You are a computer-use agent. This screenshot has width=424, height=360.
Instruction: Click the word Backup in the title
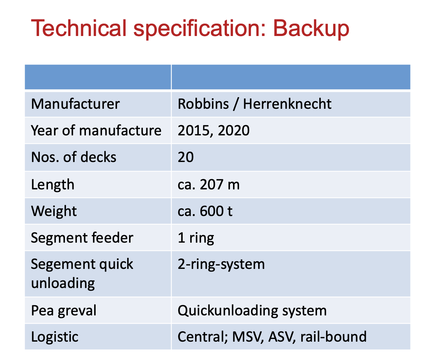[x=311, y=28]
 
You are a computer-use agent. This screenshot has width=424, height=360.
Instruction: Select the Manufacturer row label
[x=75, y=104]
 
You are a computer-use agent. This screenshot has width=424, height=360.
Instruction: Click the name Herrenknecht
[x=287, y=104]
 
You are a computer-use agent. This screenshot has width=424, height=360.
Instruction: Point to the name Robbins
[x=203, y=104]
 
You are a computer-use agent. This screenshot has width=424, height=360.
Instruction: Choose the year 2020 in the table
[x=234, y=131]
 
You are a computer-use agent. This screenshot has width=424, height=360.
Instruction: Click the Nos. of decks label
[x=74, y=157]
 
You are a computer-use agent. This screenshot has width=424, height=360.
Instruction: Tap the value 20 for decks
[x=185, y=157]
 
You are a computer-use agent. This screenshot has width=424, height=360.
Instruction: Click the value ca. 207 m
[x=209, y=184]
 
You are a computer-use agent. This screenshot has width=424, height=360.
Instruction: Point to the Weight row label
[x=54, y=211]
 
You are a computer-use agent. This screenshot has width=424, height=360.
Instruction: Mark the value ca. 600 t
[x=205, y=211]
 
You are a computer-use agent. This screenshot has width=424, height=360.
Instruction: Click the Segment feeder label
[x=82, y=238]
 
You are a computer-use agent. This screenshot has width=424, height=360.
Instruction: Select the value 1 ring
[x=196, y=238]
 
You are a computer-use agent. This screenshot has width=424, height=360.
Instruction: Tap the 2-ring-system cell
[x=221, y=264]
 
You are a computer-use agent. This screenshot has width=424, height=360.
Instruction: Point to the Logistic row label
[x=55, y=337]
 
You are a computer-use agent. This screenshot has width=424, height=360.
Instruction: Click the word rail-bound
[x=334, y=337]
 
